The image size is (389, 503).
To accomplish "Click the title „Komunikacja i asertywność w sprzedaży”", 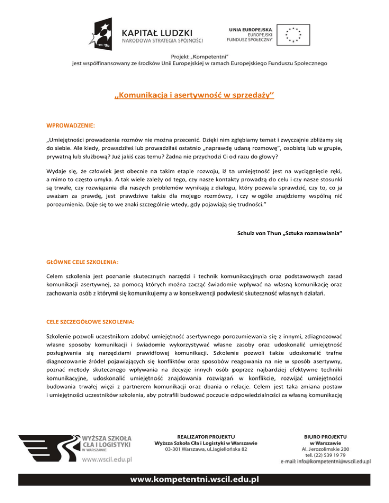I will [194, 95].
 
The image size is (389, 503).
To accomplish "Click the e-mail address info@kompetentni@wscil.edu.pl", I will [326, 462].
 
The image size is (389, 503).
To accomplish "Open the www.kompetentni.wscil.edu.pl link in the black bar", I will [195, 478].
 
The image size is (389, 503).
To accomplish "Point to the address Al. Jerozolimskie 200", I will [326, 448].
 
